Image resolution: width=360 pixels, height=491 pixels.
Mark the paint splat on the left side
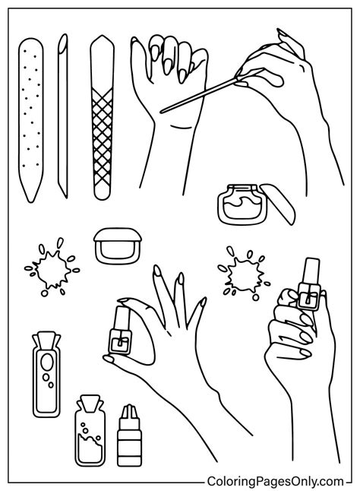(x=50, y=269)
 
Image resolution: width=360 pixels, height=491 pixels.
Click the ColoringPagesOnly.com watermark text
(x=275, y=480)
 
